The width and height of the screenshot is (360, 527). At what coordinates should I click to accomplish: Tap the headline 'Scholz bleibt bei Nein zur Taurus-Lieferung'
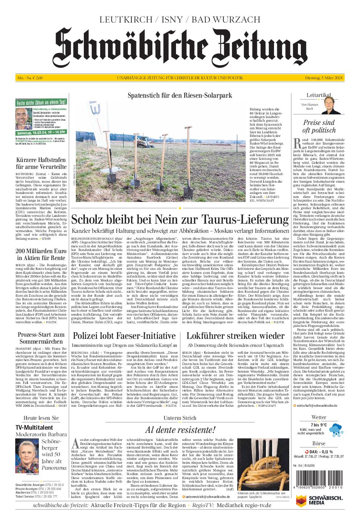180,220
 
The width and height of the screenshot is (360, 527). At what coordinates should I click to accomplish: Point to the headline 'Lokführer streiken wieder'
235,335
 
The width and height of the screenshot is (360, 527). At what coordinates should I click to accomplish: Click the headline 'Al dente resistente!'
180,430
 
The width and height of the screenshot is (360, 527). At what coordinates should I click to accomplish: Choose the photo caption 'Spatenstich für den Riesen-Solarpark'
180,95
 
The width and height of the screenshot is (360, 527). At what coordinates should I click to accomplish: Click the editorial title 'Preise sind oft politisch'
319,126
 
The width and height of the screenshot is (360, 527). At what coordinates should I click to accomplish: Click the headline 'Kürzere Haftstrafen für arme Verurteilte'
41,163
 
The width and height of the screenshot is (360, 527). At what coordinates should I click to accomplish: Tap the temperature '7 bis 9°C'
319,425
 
